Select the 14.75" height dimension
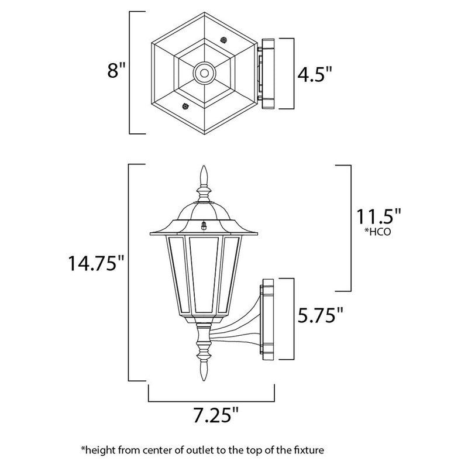[x=96, y=263]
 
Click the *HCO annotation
[x=377, y=232]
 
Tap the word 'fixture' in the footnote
[x=309, y=449]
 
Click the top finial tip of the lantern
[x=204, y=166]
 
